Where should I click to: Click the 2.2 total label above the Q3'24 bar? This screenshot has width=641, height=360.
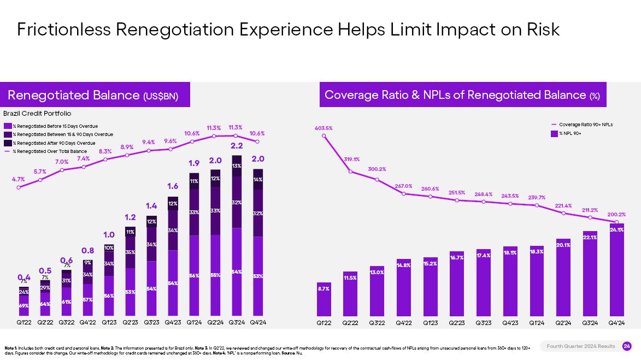[237, 146]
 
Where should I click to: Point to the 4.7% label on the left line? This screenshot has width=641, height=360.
[19, 179]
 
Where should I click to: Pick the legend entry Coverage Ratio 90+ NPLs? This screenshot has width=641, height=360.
[585, 125]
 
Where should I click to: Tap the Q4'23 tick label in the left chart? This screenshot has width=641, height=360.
[173, 323]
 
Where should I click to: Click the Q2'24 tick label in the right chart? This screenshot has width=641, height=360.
[563, 323]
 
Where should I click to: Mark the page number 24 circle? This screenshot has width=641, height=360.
[627, 346]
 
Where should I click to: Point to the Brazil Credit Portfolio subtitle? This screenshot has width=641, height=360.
[37, 114]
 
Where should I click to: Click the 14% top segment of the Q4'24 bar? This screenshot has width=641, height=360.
[258, 179]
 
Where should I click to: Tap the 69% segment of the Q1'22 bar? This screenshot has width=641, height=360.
[24, 305]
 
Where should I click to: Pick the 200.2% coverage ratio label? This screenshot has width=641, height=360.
[616, 215]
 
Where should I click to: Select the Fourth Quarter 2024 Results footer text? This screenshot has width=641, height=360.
[581, 346]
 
